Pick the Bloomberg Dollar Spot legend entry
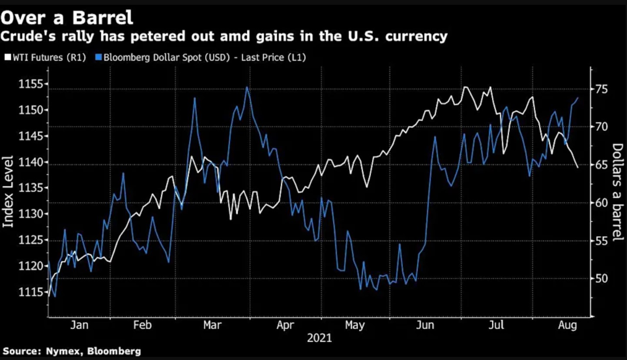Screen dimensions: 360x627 tap(200, 57)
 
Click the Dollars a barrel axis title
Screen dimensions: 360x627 tap(617, 192)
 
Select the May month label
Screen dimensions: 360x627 tap(355, 325)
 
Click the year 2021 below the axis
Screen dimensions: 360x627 tap(319, 338)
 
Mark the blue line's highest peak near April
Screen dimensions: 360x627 tap(247, 87)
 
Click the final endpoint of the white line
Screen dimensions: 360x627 tap(577, 167)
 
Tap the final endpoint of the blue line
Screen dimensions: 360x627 tap(577, 98)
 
